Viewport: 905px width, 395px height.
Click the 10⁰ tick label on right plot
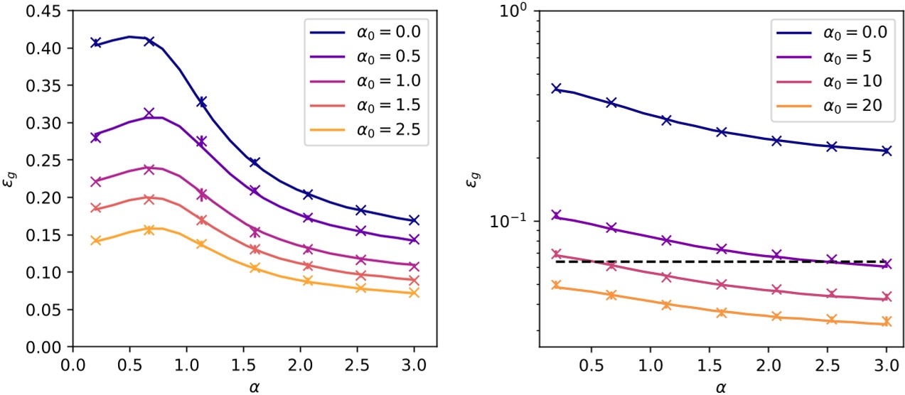click(510, 11)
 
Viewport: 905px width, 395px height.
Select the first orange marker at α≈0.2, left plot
click(95, 240)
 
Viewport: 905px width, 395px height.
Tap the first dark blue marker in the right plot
click(556, 89)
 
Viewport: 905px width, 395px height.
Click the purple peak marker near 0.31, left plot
click(149, 114)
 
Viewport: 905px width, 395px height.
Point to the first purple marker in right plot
click(556, 215)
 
